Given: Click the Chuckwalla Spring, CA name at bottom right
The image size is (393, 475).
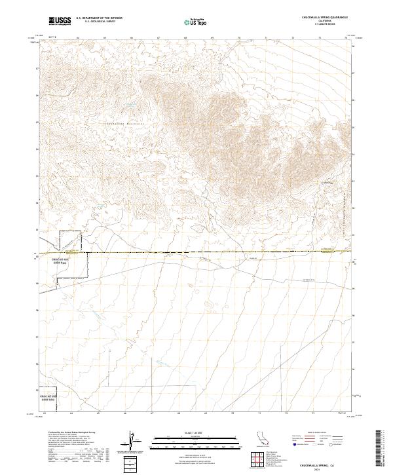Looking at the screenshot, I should coord(329,464).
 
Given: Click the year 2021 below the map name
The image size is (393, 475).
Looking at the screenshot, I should coord(329,469).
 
